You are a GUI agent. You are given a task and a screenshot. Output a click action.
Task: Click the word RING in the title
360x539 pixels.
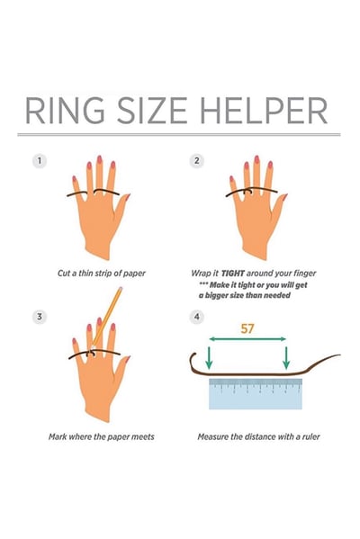[x=65, y=111]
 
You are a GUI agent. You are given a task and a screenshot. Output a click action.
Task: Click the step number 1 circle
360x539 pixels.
[x=40, y=161]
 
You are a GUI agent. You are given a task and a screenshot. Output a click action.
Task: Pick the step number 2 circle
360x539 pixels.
[x=197, y=161]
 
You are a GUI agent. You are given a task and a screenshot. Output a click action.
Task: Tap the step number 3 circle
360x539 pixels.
[x=40, y=317]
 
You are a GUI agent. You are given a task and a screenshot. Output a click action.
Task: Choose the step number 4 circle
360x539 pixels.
[x=197, y=317]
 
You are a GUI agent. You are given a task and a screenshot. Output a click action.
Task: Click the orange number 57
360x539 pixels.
[x=247, y=328]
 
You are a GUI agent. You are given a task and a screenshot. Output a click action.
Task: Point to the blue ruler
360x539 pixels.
[x=256, y=394]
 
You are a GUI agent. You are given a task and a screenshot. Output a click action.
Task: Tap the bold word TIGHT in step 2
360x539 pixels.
[x=232, y=274]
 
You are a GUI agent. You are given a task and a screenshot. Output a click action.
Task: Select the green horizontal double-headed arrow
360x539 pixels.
[x=247, y=339]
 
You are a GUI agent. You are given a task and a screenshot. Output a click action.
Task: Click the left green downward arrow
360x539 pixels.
[x=209, y=358]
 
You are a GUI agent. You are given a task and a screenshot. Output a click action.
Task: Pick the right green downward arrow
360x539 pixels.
[x=286, y=358]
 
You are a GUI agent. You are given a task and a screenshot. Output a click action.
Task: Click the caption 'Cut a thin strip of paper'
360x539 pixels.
[x=102, y=274]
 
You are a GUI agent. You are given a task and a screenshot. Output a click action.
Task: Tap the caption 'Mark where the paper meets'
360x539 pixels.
[x=102, y=437]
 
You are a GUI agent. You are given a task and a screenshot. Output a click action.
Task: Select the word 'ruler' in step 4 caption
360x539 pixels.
[x=311, y=437]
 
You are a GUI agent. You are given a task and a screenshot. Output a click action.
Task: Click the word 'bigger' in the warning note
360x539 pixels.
[x=216, y=296]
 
